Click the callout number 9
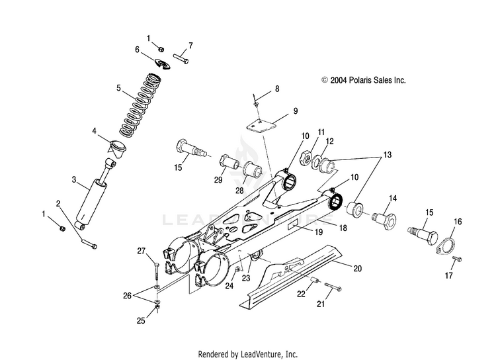coord(296,111)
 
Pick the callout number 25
coord(140,320)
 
